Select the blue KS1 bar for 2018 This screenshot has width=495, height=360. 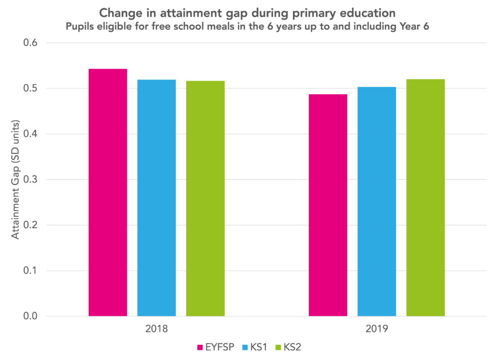pyautogui.click(x=157, y=198)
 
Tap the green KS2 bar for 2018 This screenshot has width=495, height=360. pyautogui.click(x=205, y=198)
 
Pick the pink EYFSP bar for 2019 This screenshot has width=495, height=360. pyautogui.click(x=328, y=205)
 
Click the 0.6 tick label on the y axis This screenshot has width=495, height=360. pyautogui.click(x=29, y=43)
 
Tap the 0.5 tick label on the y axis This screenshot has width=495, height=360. pyautogui.click(x=29, y=89)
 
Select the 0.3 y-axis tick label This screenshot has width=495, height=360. pyautogui.click(x=29, y=180)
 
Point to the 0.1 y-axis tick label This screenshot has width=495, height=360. pyautogui.click(x=29, y=270)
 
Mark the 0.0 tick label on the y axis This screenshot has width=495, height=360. pyautogui.click(x=29, y=316)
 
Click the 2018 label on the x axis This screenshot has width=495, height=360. pyautogui.click(x=157, y=330)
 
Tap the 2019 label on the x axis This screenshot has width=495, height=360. pyautogui.click(x=377, y=330)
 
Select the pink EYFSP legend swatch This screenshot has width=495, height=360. pyautogui.click(x=200, y=347)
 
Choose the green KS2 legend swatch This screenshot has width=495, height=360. pyautogui.click(x=278, y=347)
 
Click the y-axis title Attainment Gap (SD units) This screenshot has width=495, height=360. pyautogui.click(x=15, y=180)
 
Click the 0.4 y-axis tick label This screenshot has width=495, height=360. pyautogui.click(x=29, y=134)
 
